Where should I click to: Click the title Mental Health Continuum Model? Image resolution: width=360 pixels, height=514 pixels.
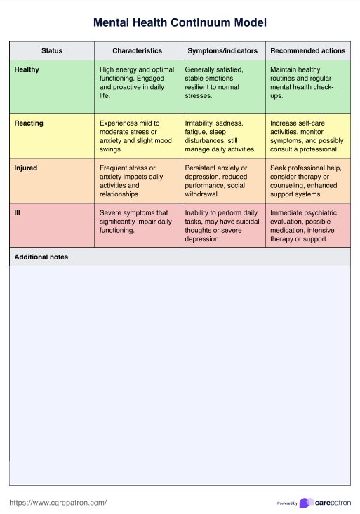(180, 23)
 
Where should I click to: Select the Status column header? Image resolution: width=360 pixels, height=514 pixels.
(52, 50)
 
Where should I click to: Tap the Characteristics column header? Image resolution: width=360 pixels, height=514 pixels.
(138, 50)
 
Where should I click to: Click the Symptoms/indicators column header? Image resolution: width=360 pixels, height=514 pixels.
(222, 50)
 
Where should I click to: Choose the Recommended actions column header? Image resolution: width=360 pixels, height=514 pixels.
(307, 50)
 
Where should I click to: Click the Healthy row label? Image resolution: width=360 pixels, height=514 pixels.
(27, 69)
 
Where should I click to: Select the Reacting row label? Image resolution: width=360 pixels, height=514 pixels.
(29, 123)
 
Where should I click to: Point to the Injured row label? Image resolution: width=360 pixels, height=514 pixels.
(26, 168)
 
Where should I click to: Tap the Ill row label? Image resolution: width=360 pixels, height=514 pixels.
(17, 212)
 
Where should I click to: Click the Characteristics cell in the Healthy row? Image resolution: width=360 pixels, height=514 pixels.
(137, 83)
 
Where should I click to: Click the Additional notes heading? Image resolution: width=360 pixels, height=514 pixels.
(41, 257)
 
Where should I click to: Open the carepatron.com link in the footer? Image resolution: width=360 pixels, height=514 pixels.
(58, 503)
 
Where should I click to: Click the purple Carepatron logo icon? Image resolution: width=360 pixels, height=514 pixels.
(305, 503)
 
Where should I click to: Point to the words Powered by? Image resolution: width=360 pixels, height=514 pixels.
(287, 503)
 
